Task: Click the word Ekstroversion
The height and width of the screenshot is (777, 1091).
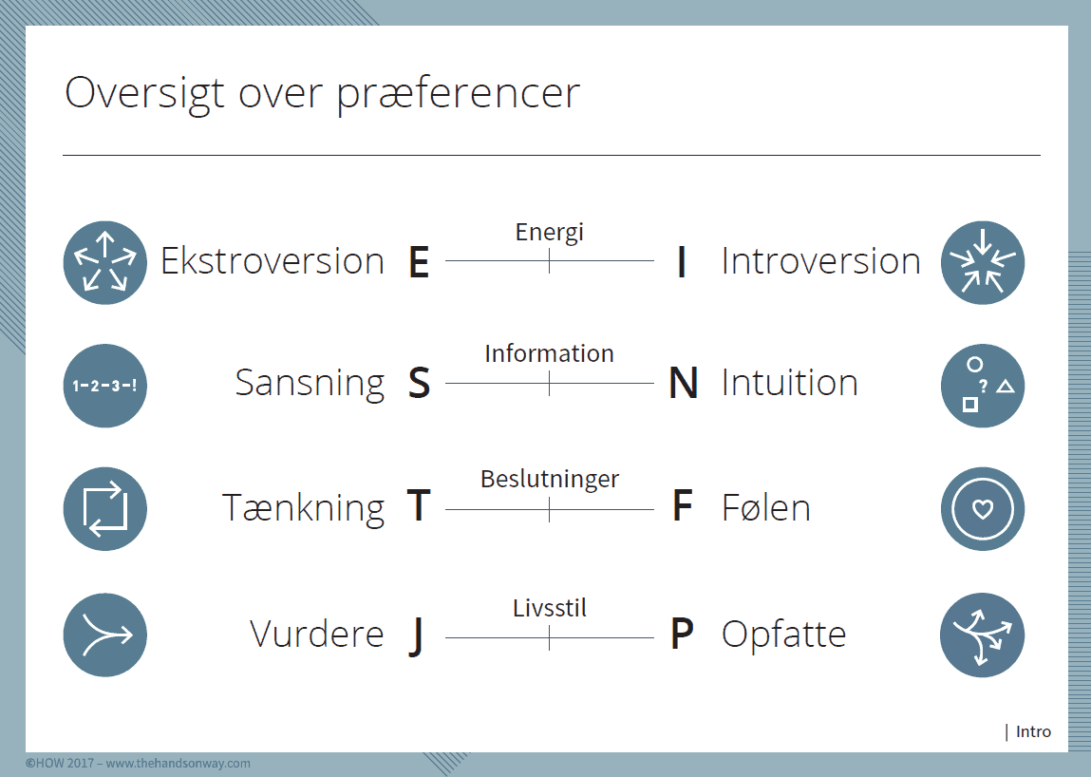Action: point(273,261)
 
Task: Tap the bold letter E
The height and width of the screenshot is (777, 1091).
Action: point(419,262)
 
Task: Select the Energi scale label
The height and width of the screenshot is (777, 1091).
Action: point(549,233)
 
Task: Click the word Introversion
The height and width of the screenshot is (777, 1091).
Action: point(821,261)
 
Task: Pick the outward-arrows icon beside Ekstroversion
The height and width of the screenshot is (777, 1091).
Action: point(105,262)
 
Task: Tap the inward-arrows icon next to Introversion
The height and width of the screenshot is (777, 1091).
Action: point(983,262)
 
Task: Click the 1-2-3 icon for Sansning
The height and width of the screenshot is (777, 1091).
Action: point(105,385)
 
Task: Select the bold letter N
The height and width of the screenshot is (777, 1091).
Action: point(684,384)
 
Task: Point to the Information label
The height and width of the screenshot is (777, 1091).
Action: point(549,353)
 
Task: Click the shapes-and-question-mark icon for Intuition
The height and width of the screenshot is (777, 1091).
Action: point(983,385)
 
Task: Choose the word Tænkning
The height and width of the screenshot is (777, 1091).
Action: point(303,508)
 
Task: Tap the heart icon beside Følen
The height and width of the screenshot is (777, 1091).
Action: point(983,509)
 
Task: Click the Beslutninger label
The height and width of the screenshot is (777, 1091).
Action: point(550,480)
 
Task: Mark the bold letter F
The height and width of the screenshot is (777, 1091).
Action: point(683,506)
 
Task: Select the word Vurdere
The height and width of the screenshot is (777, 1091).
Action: point(316,635)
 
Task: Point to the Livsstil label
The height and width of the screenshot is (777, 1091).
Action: point(550,608)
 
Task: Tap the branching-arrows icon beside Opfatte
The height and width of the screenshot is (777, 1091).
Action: point(983,635)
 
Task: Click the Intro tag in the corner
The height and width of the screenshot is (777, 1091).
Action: point(1033,731)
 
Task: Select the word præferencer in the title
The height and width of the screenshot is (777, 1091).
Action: point(459,93)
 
